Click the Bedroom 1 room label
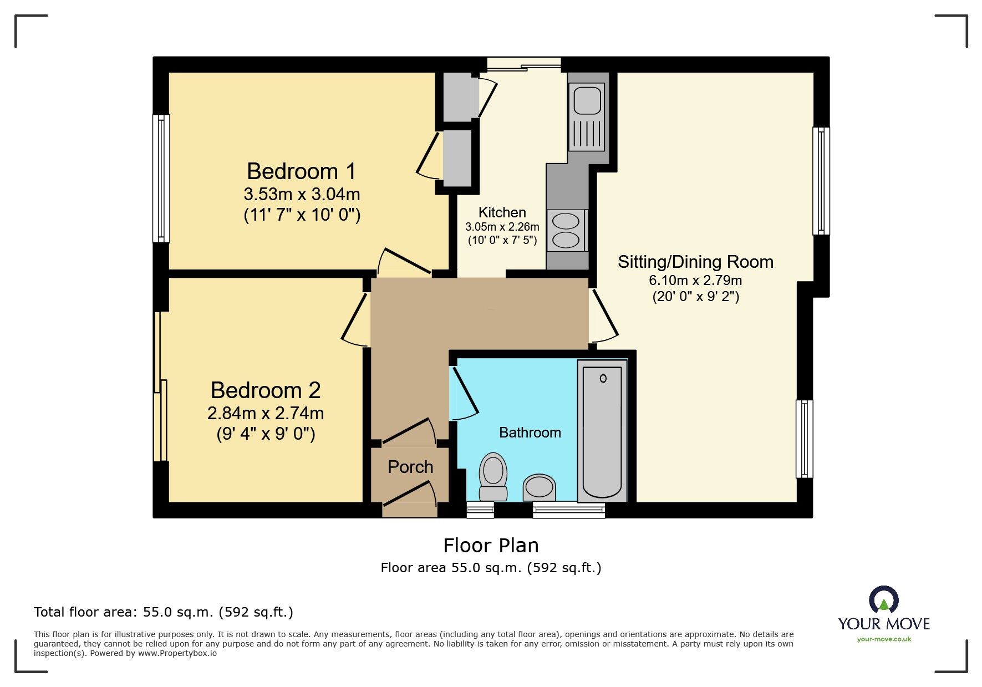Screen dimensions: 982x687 301,171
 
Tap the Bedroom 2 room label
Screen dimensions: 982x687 266,390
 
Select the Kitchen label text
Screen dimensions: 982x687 502,212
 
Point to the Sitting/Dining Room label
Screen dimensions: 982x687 695,262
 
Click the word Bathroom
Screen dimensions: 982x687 530,432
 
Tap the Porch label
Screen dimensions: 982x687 410,467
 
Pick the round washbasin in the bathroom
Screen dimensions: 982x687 539,486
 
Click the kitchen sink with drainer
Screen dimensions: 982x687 587,117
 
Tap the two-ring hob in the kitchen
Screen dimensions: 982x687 566,231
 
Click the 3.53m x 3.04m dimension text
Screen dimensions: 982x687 302,195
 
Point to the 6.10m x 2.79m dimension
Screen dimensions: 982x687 695,280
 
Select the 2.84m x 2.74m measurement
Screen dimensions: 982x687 266,413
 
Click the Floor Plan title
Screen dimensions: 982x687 491,546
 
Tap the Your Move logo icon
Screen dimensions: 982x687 884,600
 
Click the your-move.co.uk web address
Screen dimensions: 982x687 884,639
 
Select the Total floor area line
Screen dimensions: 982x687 164,612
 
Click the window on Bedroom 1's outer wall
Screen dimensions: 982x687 161,179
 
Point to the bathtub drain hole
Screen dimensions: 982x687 603,379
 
